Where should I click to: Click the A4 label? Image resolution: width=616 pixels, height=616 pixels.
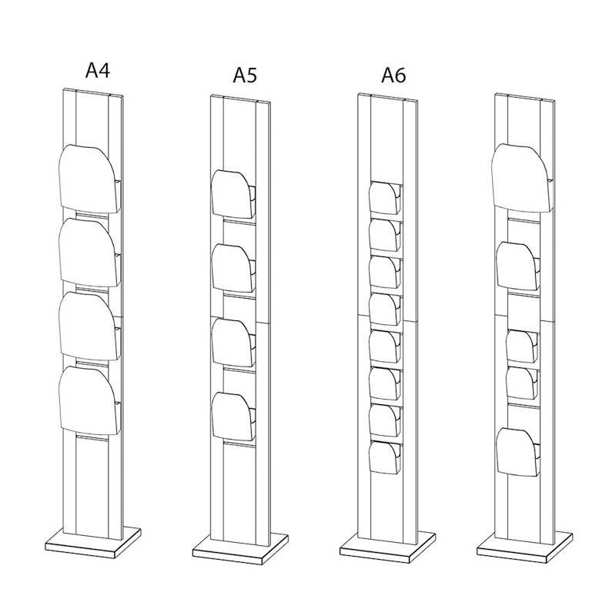pyautogui.click(x=98, y=71)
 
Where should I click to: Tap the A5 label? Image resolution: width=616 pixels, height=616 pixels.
pyautogui.click(x=245, y=75)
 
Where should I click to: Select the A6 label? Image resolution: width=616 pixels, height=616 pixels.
pyautogui.click(x=393, y=75)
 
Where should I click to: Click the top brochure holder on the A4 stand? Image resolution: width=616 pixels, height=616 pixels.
pyautogui.click(x=89, y=177)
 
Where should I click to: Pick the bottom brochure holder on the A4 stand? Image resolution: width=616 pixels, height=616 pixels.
pyautogui.click(x=89, y=399)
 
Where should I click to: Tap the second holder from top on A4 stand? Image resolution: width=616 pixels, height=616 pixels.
pyautogui.click(x=89, y=252)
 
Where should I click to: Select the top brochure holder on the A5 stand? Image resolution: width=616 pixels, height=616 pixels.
pyautogui.click(x=233, y=194)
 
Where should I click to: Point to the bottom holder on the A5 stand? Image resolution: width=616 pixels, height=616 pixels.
pyautogui.click(x=233, y=417)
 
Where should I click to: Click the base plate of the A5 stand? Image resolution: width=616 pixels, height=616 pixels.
pyautogui.click(x=241, y=547)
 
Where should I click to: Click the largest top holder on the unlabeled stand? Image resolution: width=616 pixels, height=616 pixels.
pyautogui.click(x=521, y=176)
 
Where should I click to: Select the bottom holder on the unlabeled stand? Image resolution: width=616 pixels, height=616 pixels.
pyautogui.click(x=517, y=450)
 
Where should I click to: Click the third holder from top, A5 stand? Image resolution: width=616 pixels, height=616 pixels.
pyautogui.click(x=233, y=342)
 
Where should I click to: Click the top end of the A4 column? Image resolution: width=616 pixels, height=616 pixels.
pyautogui.click(x=93, y=92)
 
